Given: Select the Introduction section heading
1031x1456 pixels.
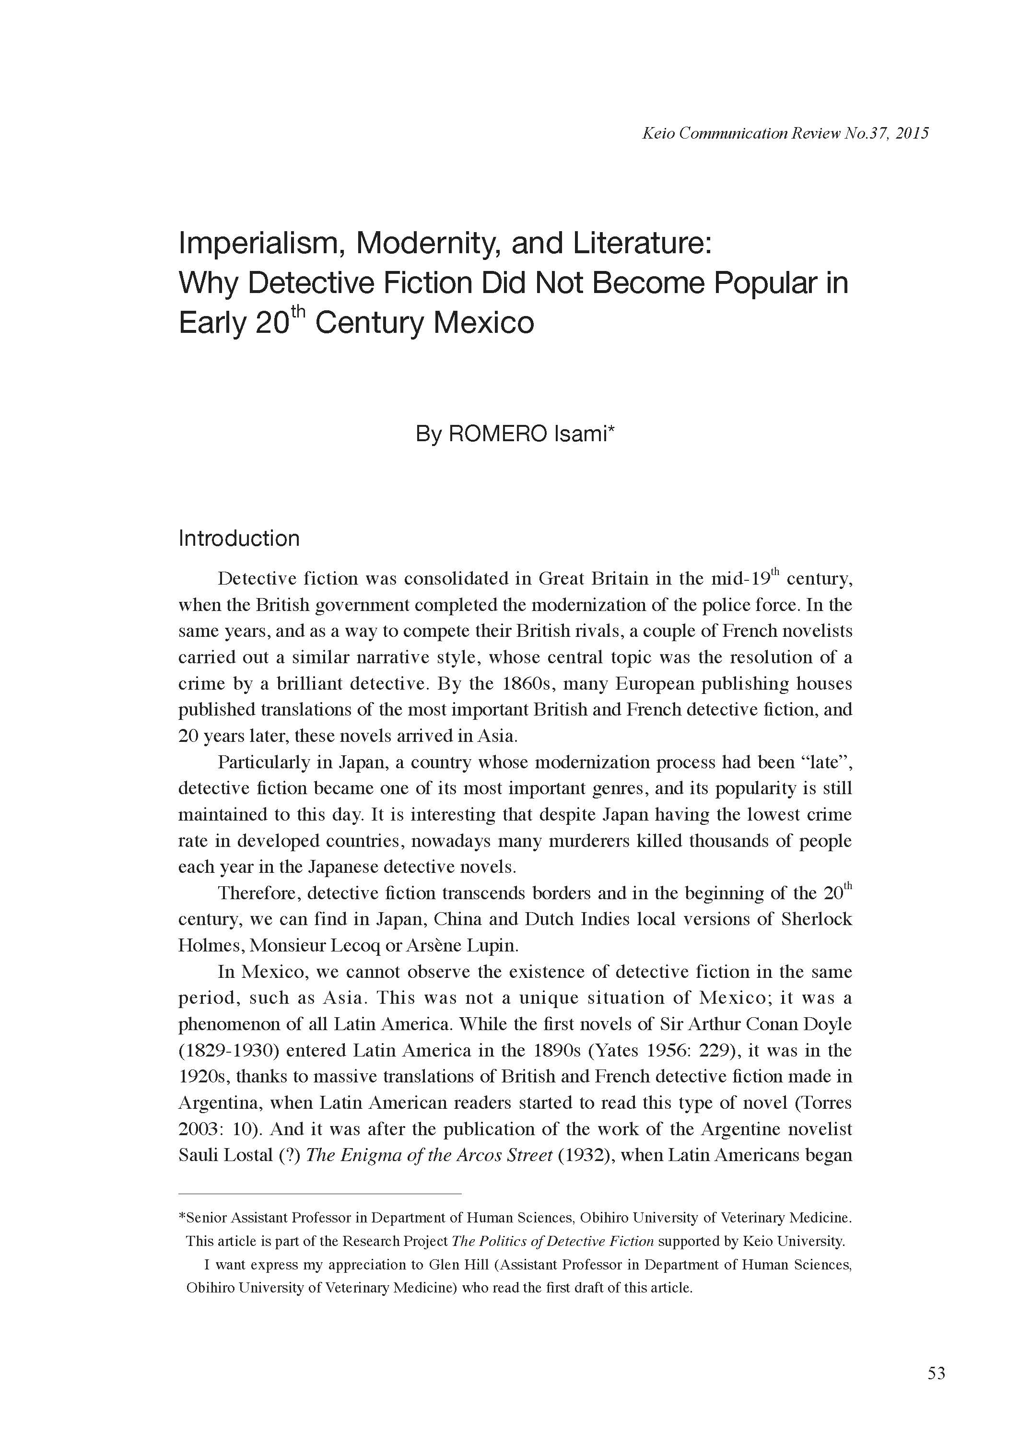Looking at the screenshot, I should pos(239,539).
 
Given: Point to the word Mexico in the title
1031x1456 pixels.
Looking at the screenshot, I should pos(484,323).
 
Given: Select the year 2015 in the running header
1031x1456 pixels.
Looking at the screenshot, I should pos(912,133).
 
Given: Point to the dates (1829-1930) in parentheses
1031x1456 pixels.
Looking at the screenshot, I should pos(229,1050).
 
